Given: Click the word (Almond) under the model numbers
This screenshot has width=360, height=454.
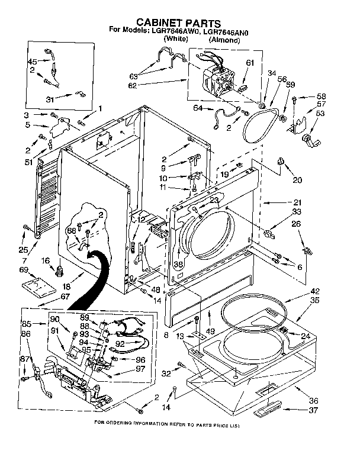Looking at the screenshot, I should pyautogui.click(x=224, y=40).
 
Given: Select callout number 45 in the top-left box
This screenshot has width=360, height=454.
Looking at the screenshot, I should pyautogui.click(x=33, y=62).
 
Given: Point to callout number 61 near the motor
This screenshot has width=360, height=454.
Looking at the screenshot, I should pyautogui.click(x=249, y=63).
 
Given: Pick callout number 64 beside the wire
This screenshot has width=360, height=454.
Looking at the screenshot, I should pyautogui.click(x=197, y=108).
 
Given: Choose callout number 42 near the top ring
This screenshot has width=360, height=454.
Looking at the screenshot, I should pyautogui.click(x=314, y=292).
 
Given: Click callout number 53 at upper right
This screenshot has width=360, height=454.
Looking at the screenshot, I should pyautogui.click(x=320, y=113).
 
